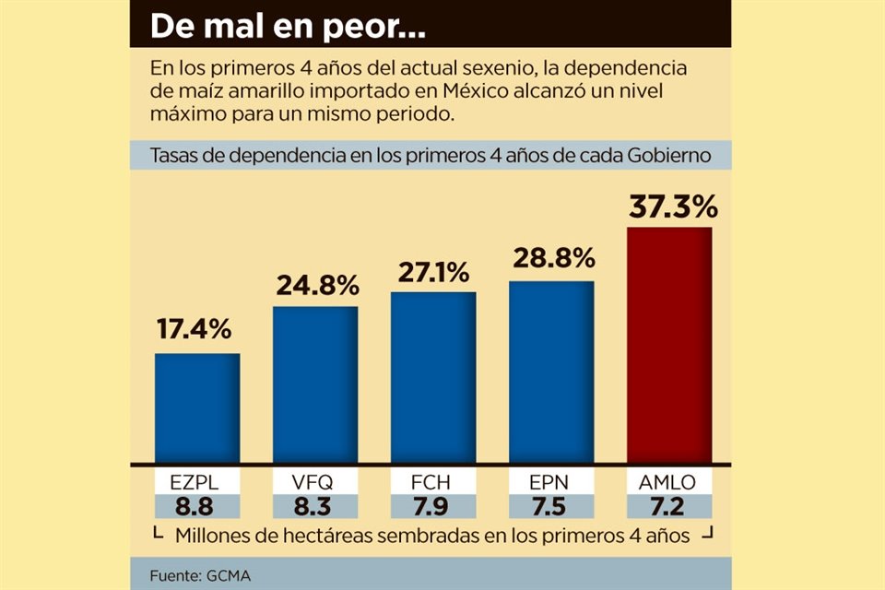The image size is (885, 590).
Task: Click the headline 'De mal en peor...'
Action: click(x=288, y=27)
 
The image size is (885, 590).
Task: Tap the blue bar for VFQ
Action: click(x=315, y=384)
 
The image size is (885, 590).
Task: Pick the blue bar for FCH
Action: click(x=433, y=377)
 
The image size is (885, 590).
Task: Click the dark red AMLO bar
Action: click(x=669, y=345)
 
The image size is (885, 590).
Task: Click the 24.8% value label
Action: click(x=316, y=285)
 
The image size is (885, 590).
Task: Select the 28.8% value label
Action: click(x=551, y=260)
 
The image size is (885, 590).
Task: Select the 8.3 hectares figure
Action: click(x=315, y=506)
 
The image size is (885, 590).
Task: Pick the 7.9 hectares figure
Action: click(x=433, y=506)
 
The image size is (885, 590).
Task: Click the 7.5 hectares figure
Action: click(x=551, y=506)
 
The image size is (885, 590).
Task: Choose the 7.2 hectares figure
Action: click(x=669, y=506)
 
